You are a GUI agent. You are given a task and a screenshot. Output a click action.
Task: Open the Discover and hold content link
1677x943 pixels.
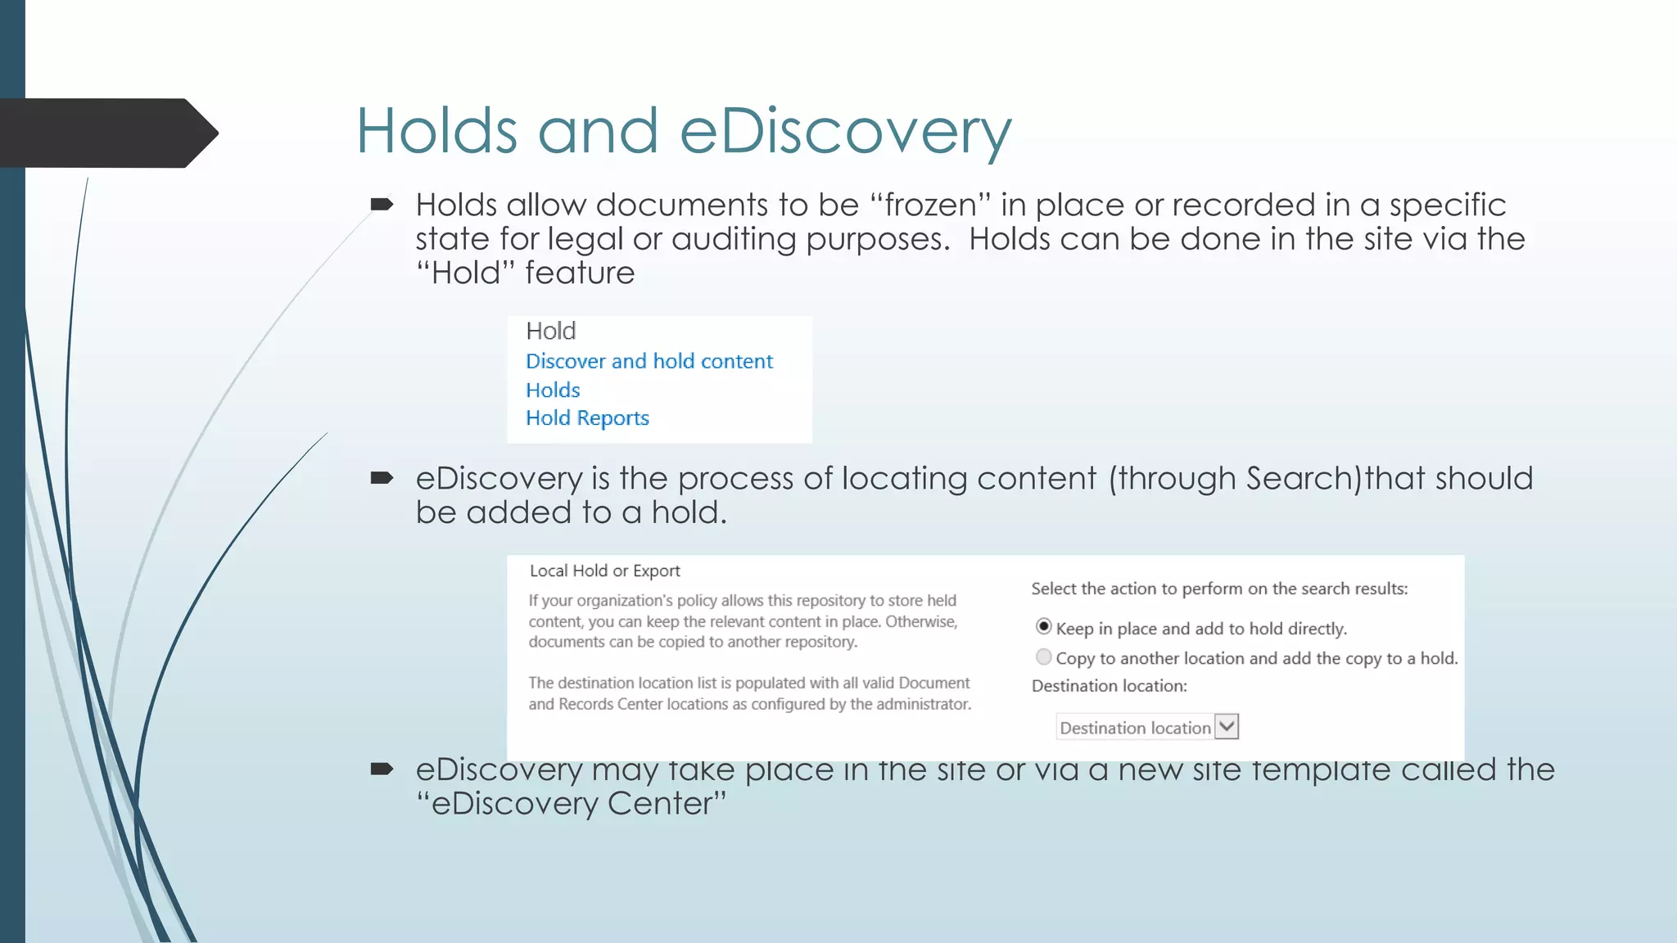[x=649, y=361]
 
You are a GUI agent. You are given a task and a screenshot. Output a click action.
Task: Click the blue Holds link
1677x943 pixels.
[x=553, y=390]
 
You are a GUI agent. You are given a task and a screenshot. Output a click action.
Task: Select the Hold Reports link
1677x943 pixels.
[x=587, y=418]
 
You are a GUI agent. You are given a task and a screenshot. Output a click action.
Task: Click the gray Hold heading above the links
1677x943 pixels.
[x=550, y=331]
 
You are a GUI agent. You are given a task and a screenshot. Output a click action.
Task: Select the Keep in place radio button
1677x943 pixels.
[x=1043, y=627]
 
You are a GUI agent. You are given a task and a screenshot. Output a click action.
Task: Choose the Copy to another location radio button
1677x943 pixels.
[x=1043, y=656]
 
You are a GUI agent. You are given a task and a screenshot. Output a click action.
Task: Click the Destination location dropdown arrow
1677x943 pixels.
[x=1226, y=727]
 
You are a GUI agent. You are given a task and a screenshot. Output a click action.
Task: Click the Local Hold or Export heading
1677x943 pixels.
[x=604, y=571]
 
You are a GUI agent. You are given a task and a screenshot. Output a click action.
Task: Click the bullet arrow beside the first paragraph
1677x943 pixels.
[x=382, y=205]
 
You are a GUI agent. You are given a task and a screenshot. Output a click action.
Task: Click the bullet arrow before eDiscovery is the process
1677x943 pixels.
[x=382, y=478]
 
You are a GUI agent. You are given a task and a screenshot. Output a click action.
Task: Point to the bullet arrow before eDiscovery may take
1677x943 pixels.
[x=382, y=769]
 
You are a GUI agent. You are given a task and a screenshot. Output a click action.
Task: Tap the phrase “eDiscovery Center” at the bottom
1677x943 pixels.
[x=571, y=803]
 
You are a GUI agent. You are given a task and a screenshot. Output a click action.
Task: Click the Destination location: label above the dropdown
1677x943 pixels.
[x=1109, y=686]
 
